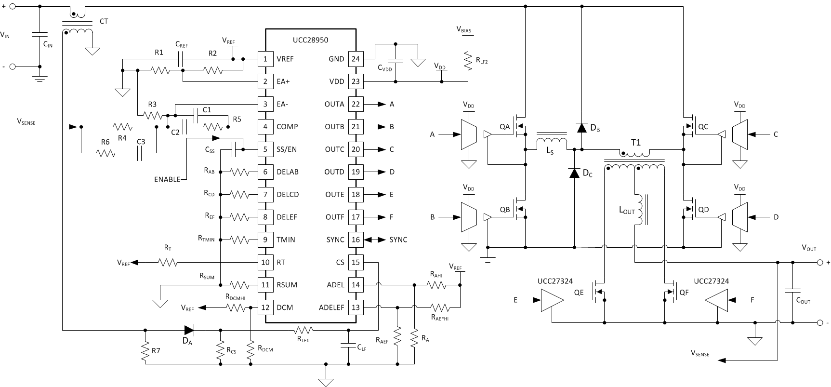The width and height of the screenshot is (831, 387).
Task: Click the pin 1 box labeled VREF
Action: coord(265,59)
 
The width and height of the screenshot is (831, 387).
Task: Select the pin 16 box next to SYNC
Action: coord(356,240)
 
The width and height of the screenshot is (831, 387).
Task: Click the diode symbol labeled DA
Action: coord(189,330)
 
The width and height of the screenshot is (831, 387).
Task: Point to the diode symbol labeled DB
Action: coord(581,127)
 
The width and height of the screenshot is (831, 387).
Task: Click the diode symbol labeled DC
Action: coord(574,173)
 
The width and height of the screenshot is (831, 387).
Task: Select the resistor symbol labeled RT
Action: coord(168,263)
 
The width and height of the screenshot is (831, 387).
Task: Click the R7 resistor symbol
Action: coord(145,352)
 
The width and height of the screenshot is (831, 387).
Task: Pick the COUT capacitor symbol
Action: coord(792,292)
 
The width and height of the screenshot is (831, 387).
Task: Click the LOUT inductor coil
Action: coord(639,210)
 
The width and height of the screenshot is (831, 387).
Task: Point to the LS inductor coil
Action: coord(551,143)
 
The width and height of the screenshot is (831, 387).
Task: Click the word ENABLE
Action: coord(167,179)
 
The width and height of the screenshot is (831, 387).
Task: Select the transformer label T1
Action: coord(636,143)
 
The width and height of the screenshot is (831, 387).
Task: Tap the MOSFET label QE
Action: coord(579,292)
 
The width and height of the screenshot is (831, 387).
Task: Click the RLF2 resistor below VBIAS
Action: coord(466,60)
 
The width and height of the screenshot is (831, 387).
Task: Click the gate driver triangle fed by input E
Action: coord(553,300)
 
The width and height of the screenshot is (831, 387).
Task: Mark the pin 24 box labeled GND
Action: coord(356,59)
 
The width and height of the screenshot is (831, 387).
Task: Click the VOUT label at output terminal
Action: coord(809,248)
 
